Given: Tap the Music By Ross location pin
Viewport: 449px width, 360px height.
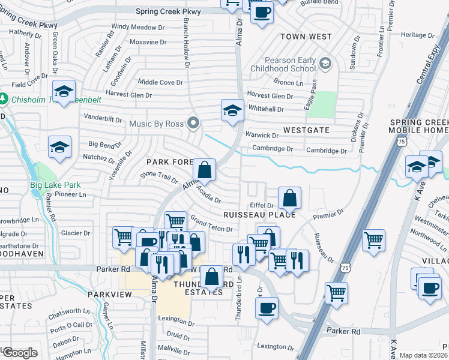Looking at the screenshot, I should (193, 124).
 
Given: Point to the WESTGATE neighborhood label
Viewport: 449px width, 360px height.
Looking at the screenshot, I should (306, 130).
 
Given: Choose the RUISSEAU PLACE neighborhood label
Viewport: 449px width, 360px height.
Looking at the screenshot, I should (259, 214).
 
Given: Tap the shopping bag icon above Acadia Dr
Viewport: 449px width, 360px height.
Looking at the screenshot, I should (205, 170).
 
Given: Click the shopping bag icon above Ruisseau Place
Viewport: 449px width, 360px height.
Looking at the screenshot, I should (289, 198).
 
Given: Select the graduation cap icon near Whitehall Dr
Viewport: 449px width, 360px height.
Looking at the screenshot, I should (232, 110).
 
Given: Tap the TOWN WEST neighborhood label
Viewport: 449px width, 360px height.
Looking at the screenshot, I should (306, 37).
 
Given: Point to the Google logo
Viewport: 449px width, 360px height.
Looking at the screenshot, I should (19, 353).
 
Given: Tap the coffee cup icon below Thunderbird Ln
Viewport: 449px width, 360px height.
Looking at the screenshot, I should (267, 308).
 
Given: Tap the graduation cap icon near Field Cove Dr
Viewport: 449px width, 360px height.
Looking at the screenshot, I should (64, 91).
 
